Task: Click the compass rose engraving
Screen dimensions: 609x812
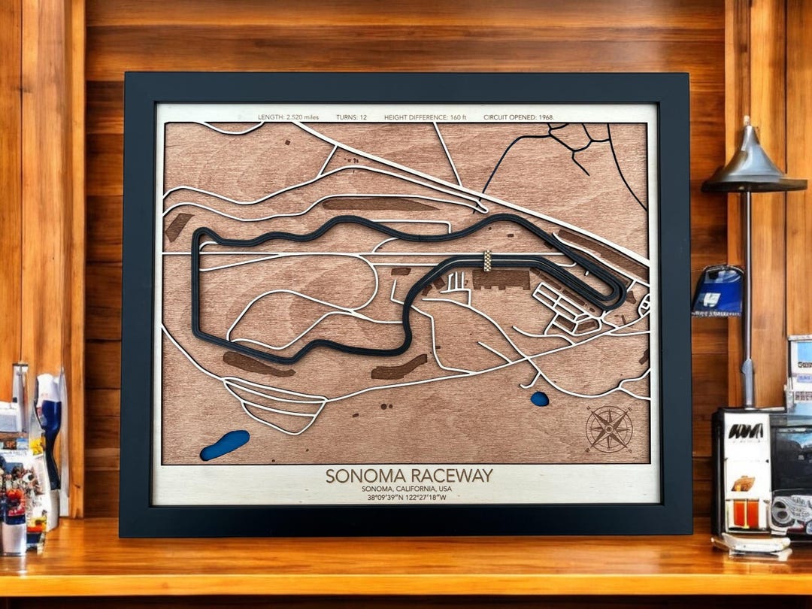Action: coord(609,429)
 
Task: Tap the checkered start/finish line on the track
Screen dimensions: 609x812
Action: coord(487,261)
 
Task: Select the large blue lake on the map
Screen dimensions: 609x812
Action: coord(224,445)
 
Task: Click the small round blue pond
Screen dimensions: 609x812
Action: coord(540,398)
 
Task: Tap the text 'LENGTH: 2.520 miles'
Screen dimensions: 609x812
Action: coord(289,117)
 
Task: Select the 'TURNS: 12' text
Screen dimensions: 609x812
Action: coord(352,117)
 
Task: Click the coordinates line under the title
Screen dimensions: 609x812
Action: coord(406,498)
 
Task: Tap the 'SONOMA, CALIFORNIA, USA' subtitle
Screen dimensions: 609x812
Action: coord(406,489)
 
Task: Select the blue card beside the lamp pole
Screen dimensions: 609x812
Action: coord(718,291)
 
